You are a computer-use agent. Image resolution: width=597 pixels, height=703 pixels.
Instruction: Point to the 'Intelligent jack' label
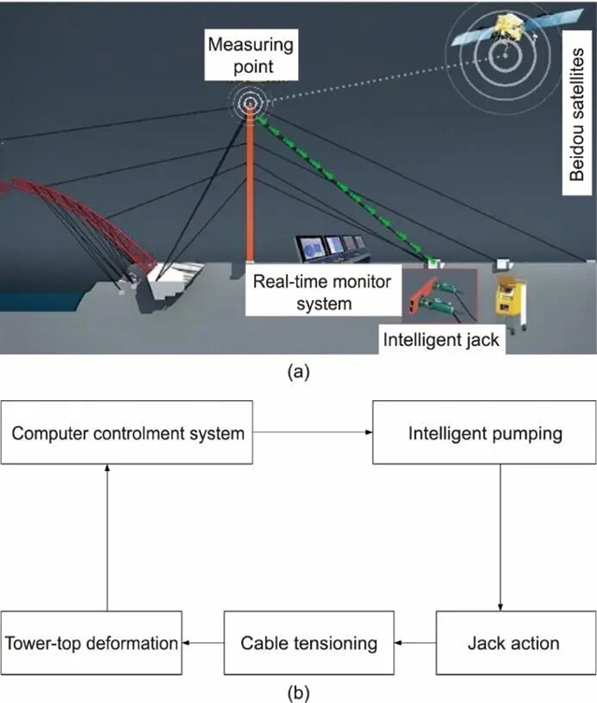coord(442,340)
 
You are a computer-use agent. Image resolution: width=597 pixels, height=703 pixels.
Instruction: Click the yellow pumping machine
coord(511,299)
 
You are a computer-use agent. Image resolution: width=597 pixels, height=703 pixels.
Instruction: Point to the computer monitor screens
coord(327,248)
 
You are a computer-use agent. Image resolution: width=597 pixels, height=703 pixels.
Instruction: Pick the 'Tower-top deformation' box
coord(91,643)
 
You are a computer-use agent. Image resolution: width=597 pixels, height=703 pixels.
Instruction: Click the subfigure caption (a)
coord(297,371)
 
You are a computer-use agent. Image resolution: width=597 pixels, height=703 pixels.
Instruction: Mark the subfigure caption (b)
coord(297,693)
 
